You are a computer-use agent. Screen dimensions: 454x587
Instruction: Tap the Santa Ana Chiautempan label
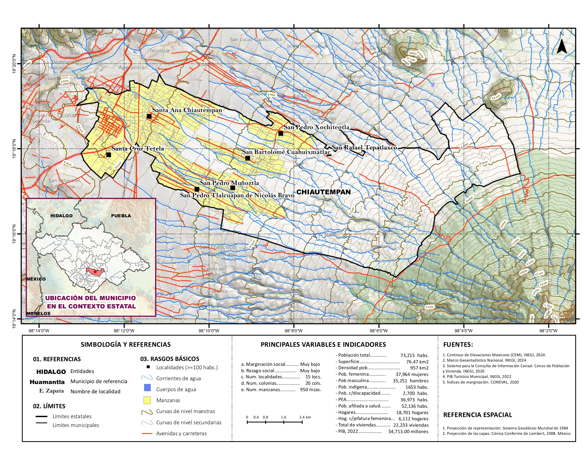coord(187,110)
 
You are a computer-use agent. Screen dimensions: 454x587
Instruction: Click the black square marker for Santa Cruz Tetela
coord(109,155)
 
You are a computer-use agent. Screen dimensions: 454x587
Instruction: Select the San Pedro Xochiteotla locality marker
coord(281,134)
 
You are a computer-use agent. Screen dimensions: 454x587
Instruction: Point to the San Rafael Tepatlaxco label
coord(364,148)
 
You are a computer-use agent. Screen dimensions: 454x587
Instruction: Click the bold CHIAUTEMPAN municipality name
coord(323,192)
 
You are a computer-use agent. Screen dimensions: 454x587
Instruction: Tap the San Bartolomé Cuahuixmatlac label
coord(286,152)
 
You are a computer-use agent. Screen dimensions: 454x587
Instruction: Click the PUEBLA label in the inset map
coord(121,216)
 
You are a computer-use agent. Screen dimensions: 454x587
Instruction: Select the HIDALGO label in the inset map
coord(61,216)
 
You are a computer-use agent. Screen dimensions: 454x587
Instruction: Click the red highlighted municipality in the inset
coord(96,271)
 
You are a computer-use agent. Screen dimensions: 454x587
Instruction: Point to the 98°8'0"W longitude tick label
coord(293,331)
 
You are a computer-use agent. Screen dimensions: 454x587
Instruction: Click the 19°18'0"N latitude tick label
coord(14,149)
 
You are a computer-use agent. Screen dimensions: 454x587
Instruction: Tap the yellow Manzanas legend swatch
coord(147,400)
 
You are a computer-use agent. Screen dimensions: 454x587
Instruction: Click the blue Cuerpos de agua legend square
coord(147,388)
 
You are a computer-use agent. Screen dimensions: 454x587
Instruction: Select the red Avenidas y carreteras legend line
coord(147,433)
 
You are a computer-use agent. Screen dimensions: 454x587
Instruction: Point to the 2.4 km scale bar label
coord(305,417)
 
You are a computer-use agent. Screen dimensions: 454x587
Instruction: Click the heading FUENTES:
coord(458,344)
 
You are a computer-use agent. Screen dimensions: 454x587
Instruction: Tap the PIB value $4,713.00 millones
coord(408,431)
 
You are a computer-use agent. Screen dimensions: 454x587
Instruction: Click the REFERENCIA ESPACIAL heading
coord(477,415)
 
